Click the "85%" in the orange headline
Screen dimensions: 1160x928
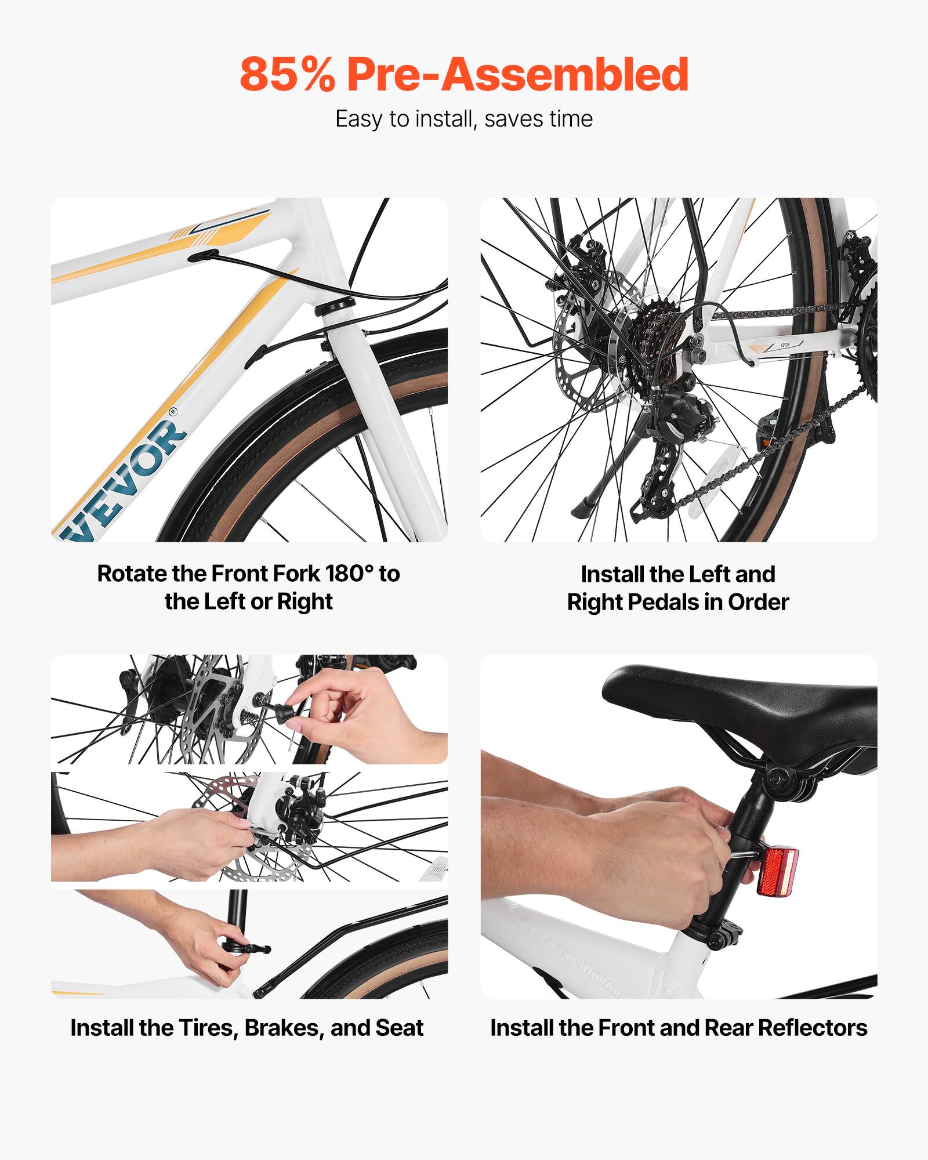[287, 74]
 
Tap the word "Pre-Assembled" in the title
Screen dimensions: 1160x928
[517, 74]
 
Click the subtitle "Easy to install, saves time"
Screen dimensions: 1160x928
[464, 119]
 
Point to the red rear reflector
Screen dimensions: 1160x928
[777, 871]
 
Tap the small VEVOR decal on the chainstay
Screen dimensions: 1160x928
[784, 345]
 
